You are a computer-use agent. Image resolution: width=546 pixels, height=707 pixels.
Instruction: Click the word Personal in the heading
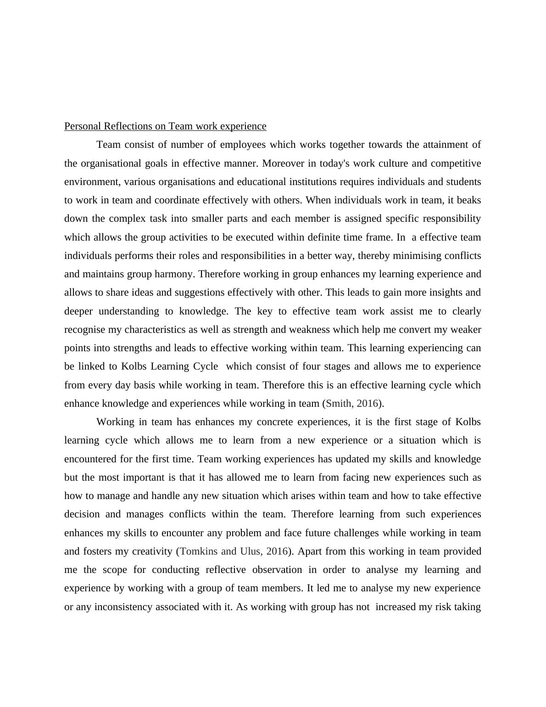click(83, 126)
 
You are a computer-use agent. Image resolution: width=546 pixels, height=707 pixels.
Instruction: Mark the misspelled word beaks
click(469, 200)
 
